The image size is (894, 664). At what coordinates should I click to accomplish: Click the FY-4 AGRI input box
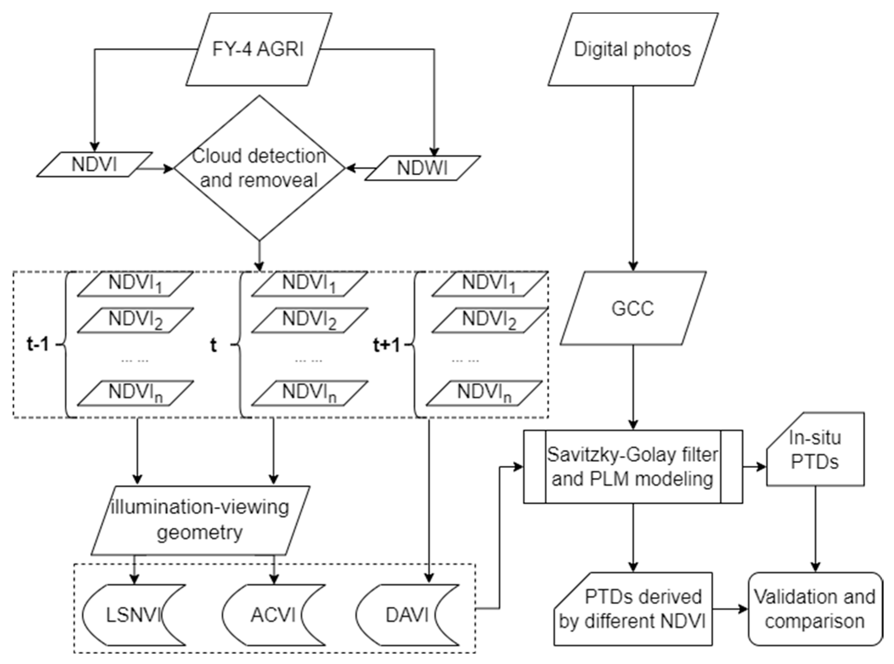pyautogui.click(x=258, y=49)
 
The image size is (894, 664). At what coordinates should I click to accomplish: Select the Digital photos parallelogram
pyautogui.click(x=632, y=49)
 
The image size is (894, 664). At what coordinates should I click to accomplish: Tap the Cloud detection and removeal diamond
pyautogui.click(x=260, y=168)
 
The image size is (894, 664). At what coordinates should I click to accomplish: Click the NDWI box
pyautogui.click(x=422, y=168)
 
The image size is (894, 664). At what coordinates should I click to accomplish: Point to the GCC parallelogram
pyautogui.click(x=632, y=308)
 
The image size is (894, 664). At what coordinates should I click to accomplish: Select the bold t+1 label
pyautogui.click(x=386, y=345)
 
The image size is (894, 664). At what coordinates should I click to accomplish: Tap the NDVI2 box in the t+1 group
pyautogui.click(x=489, y=320)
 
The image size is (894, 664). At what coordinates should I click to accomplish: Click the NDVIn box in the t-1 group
pyautogui.click(x=135, y=393)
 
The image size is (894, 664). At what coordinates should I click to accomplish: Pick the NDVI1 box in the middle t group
pyautogui.click(x=309, y=284)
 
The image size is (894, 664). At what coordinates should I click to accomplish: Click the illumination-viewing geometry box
pyautogui.click(x=200, y=520)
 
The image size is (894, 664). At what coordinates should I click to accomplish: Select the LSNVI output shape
pyautogui.click(x=134, y=615)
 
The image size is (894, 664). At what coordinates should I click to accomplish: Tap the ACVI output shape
pyautogui.click(x=274, y=615)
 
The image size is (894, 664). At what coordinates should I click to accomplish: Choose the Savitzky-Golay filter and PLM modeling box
pyautogui.click(x=632, y=466)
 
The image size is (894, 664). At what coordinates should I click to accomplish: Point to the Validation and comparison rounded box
pyautogui.click(x=815, y=609)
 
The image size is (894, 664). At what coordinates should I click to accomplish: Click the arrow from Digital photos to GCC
pyautogui.click(x=633, y=177)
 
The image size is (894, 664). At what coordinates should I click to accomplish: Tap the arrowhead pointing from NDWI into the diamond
pyautogui.click(x=350, y=168)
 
